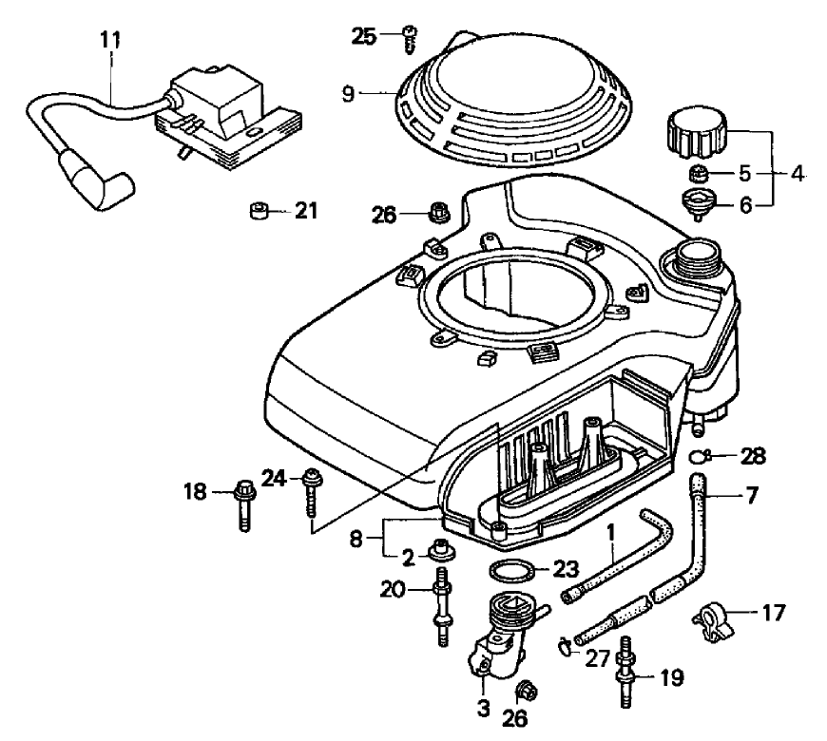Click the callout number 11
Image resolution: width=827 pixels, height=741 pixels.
click(111, 41)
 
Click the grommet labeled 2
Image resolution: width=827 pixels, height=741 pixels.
click(441, 549)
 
